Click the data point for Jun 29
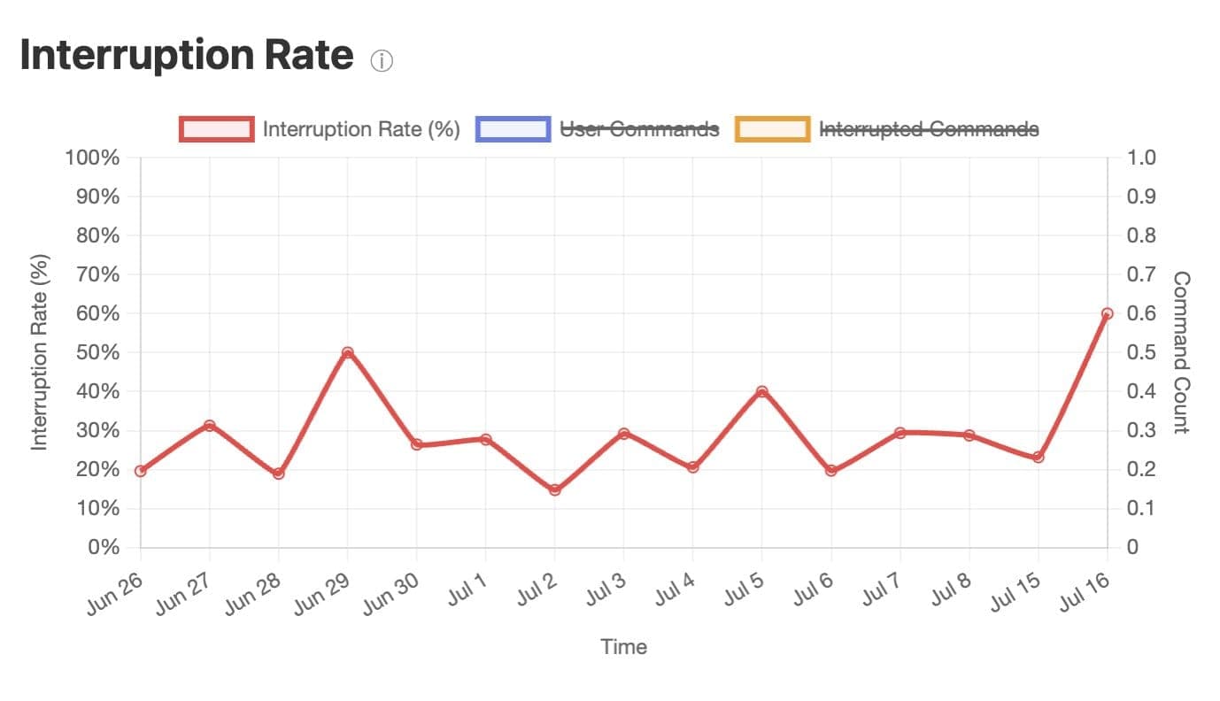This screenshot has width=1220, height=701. [347, 353]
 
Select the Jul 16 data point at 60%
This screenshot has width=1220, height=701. [1107, 313]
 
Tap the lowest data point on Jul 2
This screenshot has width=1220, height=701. [555, 489]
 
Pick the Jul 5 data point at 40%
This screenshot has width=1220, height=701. [761, 391]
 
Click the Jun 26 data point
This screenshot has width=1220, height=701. [141, 471]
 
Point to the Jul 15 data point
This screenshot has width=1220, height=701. [1038, 457]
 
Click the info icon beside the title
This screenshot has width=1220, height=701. [382, 61]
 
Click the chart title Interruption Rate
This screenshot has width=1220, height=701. [187, 56]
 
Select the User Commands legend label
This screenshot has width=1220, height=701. [640, 129]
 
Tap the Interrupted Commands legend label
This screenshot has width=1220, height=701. [929, 129]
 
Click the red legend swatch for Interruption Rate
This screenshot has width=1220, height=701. [217, 129]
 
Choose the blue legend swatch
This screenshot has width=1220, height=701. [513, 129]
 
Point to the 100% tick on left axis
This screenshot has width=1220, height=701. [92, 158]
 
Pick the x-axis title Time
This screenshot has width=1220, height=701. [623, 647]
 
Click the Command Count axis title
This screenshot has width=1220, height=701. [1180, 352]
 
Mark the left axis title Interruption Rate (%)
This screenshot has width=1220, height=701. [40, 352]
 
